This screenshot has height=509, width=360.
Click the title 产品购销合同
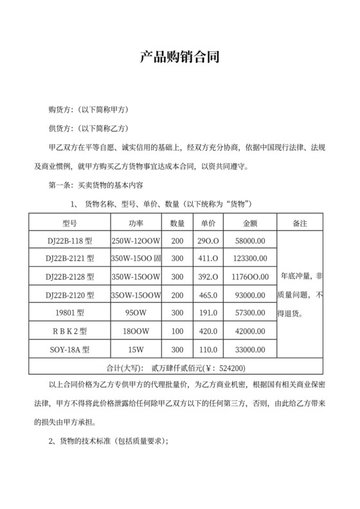coord(180,58)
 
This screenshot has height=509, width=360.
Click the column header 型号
coord(70,224)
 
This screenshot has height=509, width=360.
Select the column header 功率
coord(136,224)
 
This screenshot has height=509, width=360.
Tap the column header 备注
coord(300,224)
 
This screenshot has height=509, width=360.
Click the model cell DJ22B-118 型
coord(70,241)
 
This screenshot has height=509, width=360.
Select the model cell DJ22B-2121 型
coord(70,259)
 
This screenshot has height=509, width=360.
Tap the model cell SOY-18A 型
coord(70,351)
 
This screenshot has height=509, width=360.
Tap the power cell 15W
coord(136,351)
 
